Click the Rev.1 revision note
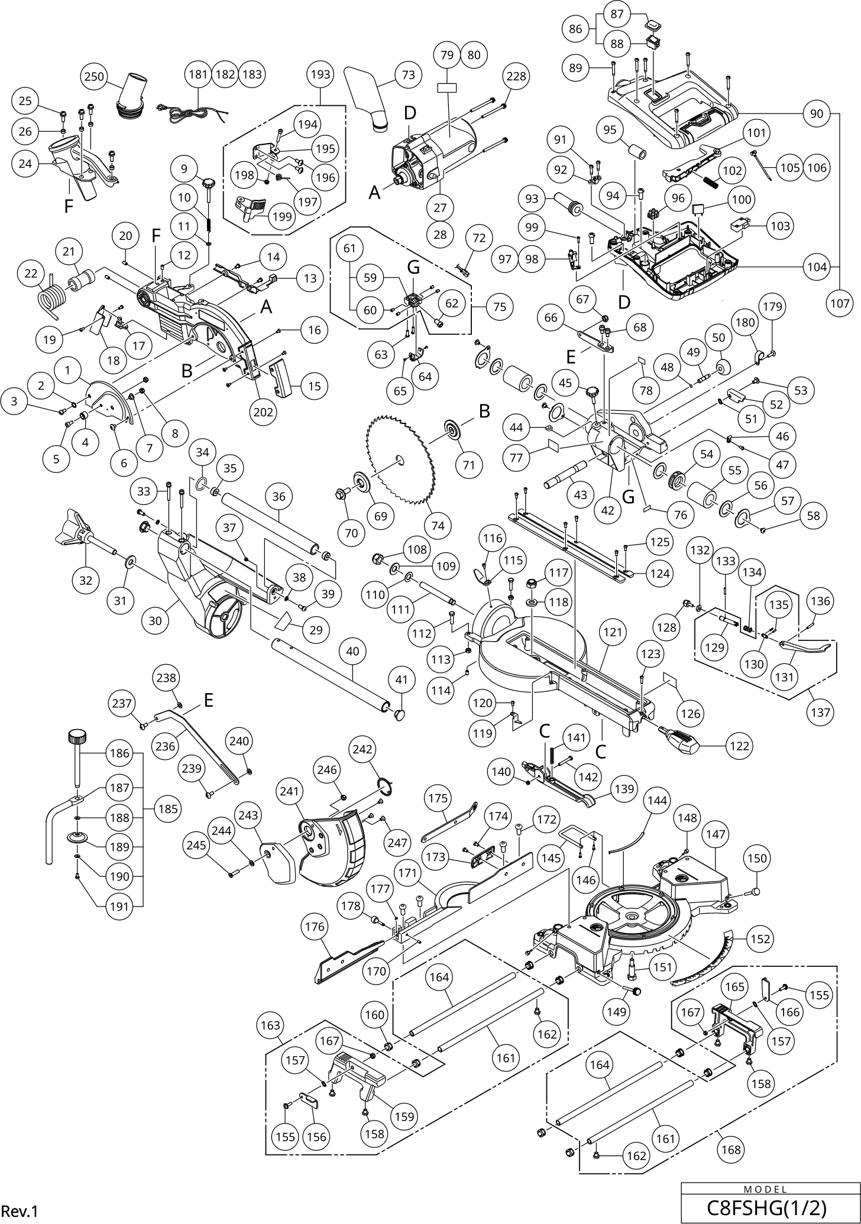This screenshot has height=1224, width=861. (x=20, y=1211)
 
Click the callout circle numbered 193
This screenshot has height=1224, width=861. (x=321, y=75)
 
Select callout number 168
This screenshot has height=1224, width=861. (x=731, y=1149)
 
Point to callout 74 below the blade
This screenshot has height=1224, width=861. (x=438, y=526)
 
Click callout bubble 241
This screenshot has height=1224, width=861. (x=293, y=791)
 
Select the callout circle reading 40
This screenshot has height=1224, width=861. (x=352, y=651)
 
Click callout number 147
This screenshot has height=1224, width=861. (x=716, y=834)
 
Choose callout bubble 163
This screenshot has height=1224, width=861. (x=271, y=1025)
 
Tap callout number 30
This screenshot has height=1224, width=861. (x=155, y=621)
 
